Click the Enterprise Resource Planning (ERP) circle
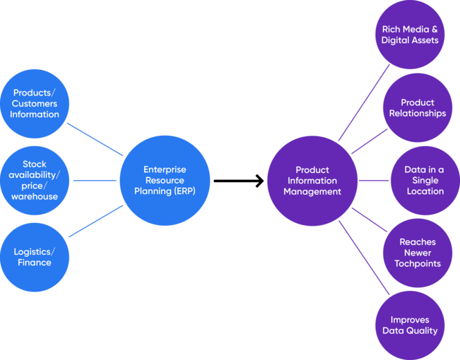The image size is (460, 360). click(165, 181)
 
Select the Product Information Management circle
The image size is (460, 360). click(312, 181)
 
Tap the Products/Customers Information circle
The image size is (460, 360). click(35, 104)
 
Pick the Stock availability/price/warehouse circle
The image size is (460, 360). click(35, 181)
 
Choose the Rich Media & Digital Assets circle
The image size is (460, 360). click(409, 35)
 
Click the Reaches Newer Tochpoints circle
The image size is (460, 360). click(417, 253)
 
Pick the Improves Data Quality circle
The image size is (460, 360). click(409, 325)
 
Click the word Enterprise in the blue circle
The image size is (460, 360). click(165, 170)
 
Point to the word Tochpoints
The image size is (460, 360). click(417, 264)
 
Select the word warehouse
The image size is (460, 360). click(35, 197)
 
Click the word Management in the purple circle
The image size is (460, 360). click(312, 192)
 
